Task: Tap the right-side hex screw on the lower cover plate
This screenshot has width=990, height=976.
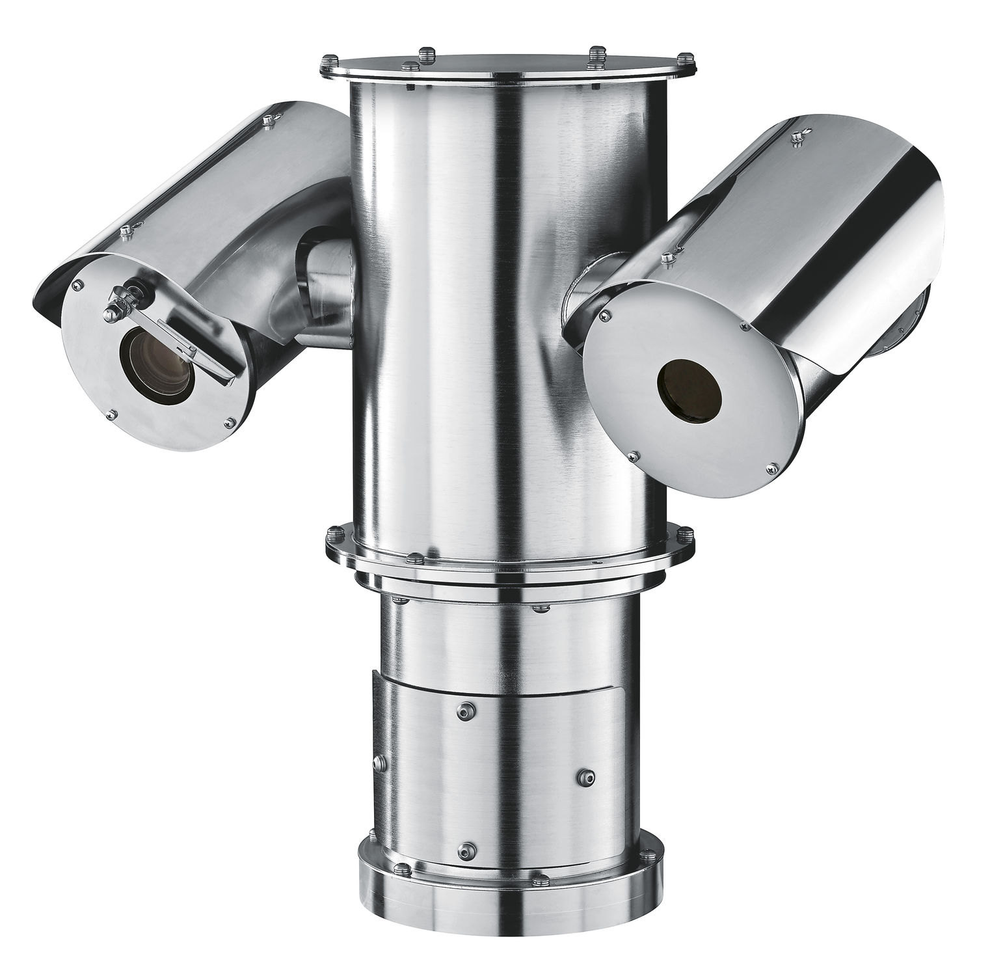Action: pos(583,776)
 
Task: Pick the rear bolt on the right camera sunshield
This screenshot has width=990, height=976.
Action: pos(797,137)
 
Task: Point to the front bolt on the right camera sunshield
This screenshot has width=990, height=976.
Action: pos(665,259)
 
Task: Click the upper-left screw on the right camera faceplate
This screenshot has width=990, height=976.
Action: pos(606,316)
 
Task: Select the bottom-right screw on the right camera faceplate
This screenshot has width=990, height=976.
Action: pos(771,466)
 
